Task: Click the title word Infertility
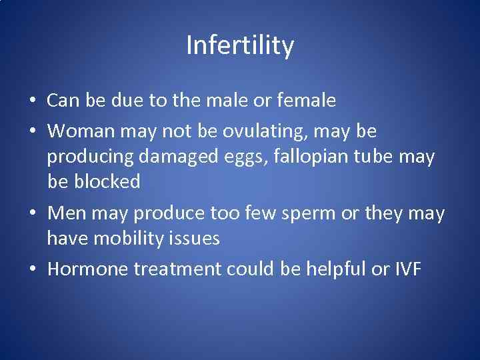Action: click(240, 46)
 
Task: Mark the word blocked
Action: click(107, 181)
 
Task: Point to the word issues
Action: click(195, 238)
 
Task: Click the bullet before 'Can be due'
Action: click(32, 102)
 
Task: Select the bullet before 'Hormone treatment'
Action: click(32, 269)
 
